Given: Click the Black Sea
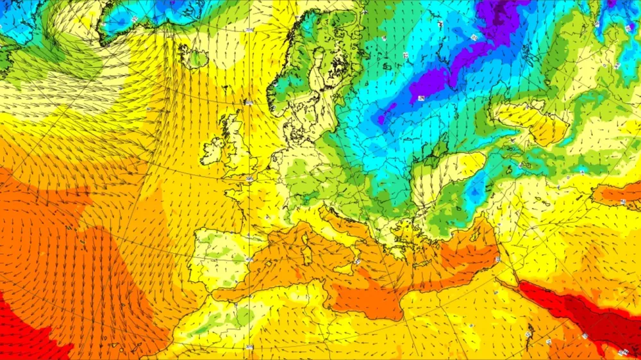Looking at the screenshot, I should point(449,192).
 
